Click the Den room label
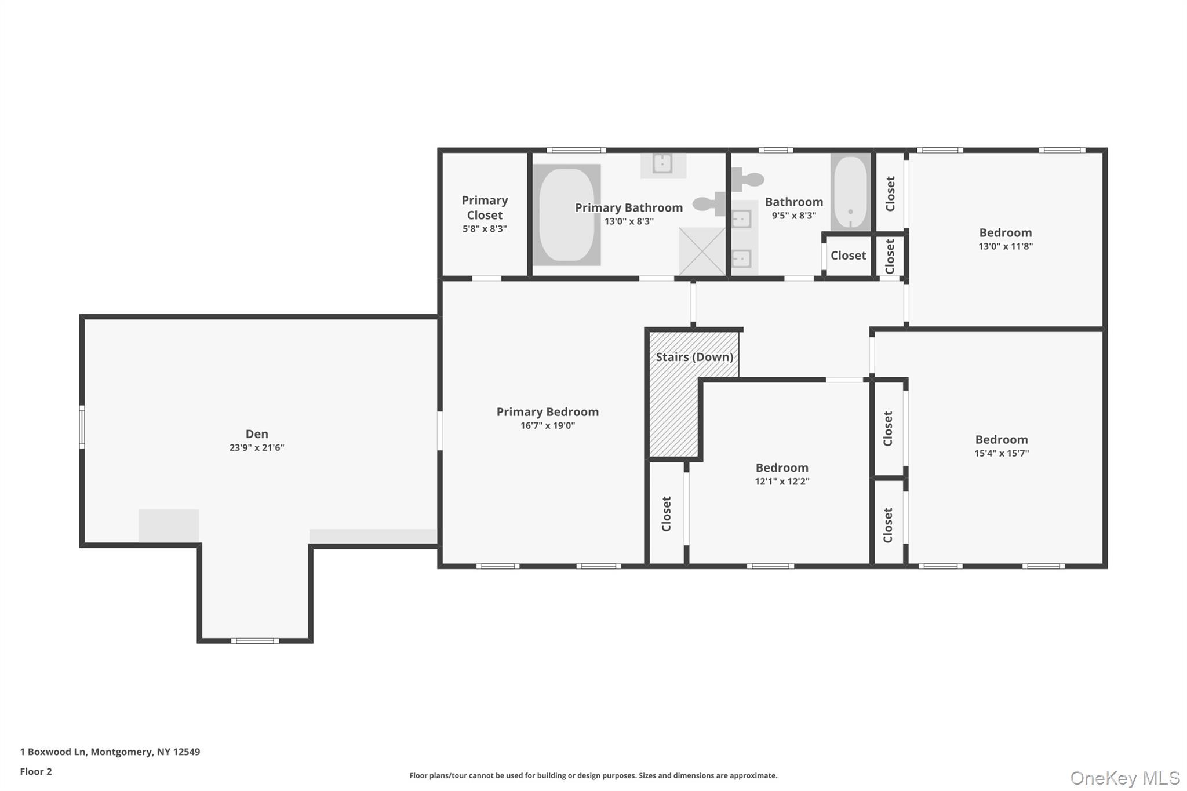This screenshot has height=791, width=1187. pyautogui.click(x=257, y=433)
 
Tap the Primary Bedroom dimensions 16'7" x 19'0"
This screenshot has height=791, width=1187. pyautogui.click(x=548, y=425)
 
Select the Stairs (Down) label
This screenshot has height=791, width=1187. pyautogui.click(x=694, y=357)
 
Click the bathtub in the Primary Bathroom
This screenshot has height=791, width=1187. pyautogui.click(x=566, y=215)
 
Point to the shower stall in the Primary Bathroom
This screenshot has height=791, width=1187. pyautogui.click(x=702, y=251)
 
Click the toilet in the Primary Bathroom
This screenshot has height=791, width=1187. pyautogui.click(x=709, y=203)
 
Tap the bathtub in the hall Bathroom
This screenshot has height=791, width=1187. pyautogui.click(x=850, y=192)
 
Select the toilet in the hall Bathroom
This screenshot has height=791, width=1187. pyautogui.click(x=747, y=179)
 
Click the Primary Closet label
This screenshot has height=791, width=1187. pyautogui.click(x=485, y=207)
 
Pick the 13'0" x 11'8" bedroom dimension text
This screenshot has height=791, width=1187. pyautogui.click(x=1006, y=246)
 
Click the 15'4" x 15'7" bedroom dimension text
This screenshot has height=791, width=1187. pyautogui.click(x=1002, y=453)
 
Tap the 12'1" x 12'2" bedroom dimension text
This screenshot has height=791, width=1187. pyautogui.click(x=782, y=481)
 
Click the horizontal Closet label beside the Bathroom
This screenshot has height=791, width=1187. pyautogui.click(x=849, y=256)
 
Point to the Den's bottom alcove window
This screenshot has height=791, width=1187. pyautogui.click(x=255, y=640)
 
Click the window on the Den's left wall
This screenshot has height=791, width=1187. pyautogui.click(x=82, y=427)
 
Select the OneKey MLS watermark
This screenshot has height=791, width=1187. pyautogui.click(x=1125, y=778)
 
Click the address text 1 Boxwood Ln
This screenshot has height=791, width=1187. pyautogui.click(x=53, y=752)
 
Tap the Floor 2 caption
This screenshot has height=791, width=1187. pyautogui.click(x=36, y=771)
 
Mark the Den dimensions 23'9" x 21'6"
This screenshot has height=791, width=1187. pyautogui.click(x=257, y=447)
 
